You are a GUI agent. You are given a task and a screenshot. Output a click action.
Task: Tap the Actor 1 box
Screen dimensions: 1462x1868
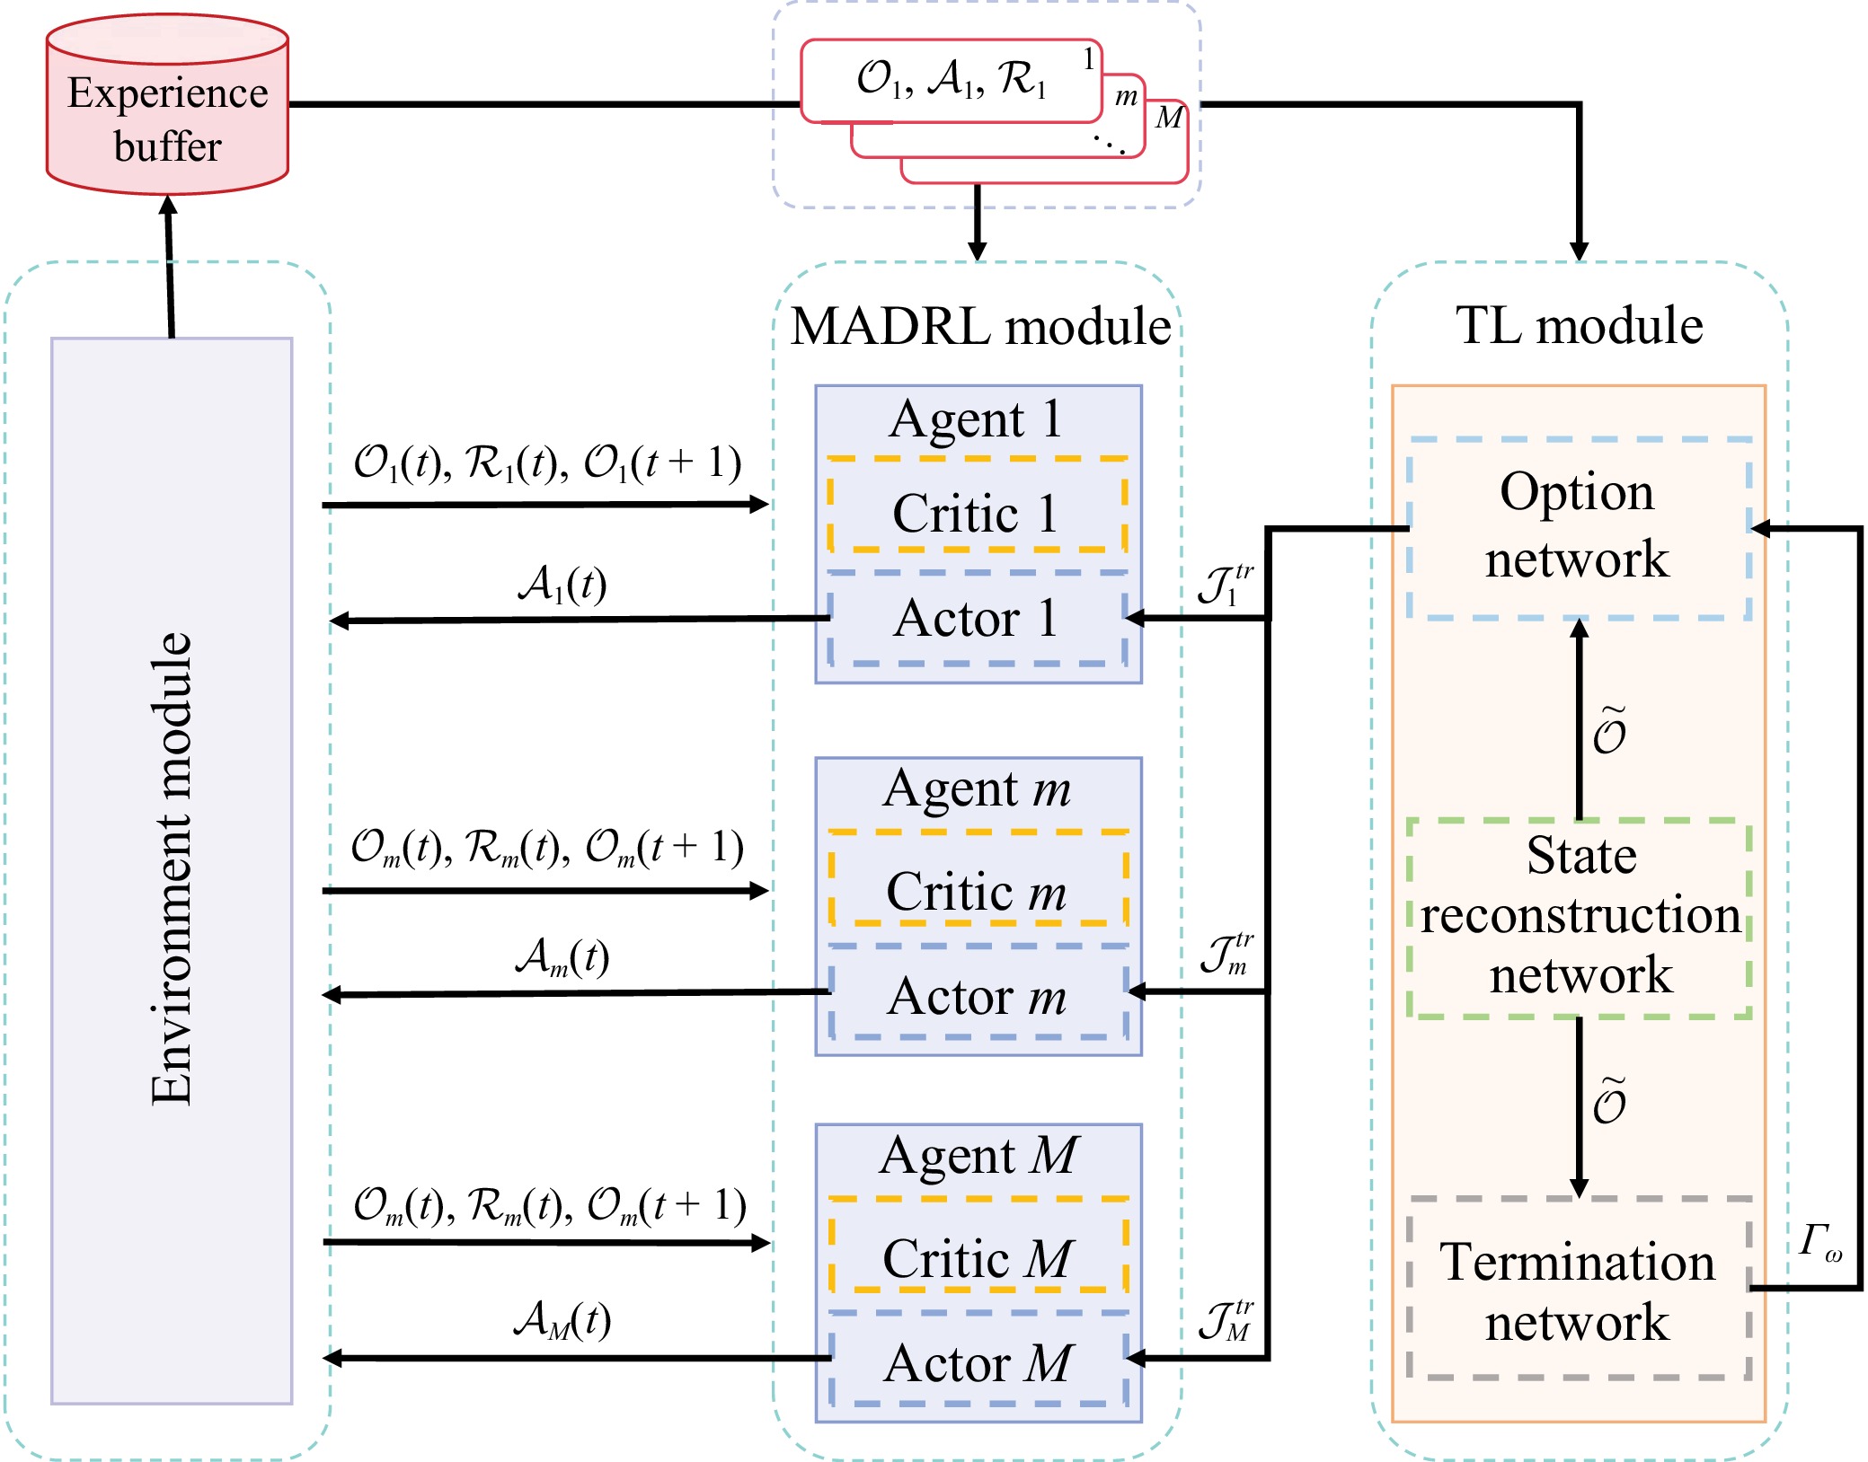coord(977,619)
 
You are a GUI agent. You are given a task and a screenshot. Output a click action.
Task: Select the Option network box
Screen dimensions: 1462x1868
coord(1578,527)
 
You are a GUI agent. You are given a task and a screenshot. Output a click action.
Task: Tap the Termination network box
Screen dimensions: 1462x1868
coord(1578,1290)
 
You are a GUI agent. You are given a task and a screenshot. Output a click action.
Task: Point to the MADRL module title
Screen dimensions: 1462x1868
coord(980,325)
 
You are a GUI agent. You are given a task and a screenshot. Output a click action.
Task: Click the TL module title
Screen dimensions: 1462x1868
coord(1579,325)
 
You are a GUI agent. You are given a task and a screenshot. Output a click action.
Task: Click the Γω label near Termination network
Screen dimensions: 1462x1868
coord(1819,1242)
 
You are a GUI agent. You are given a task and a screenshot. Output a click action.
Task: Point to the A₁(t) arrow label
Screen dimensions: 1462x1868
coord(562,585)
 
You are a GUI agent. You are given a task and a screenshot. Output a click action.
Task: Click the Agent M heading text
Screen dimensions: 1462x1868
coord(978,1156)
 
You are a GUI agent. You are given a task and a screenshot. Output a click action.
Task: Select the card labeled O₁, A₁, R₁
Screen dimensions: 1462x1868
coord(951,80)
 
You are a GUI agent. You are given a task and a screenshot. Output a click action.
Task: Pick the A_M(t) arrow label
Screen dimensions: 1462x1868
coord(562,1319)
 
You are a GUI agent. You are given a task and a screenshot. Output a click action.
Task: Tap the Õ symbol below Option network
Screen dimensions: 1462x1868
coord(1609,732)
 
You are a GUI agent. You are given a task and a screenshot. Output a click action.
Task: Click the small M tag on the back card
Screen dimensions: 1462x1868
coord(1168,118)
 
